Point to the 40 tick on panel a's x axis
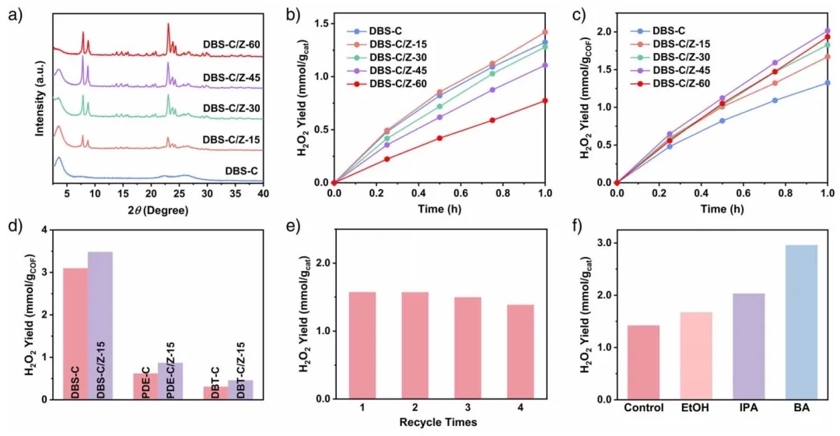(x=264, y=193)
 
